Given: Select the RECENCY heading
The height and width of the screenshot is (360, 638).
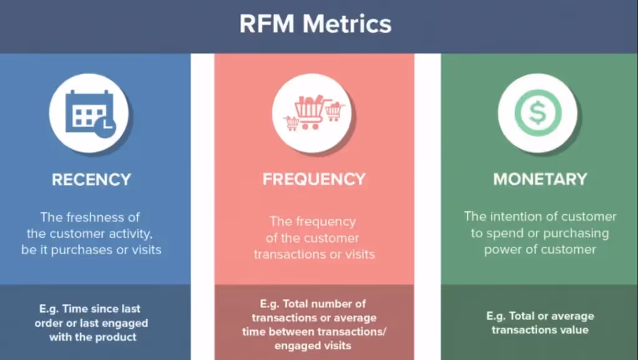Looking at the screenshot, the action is tap(92, 179).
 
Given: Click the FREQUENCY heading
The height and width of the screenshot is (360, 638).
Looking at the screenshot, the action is tap(313, 179).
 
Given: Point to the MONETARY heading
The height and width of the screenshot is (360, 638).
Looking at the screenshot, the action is tap(540, 179).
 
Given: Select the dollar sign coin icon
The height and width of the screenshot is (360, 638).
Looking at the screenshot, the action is tap(537, 113).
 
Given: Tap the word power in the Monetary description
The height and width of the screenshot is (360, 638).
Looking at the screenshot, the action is tap(500, 249).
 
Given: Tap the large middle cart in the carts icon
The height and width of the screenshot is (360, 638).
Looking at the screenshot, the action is tap(310, 111).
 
